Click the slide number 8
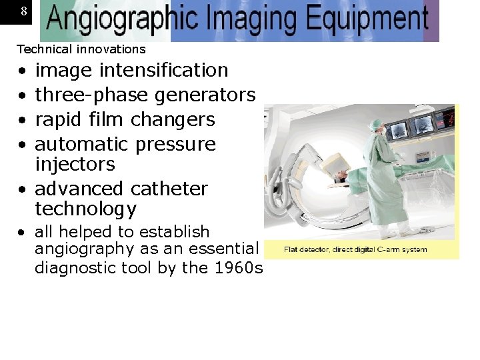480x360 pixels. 24,11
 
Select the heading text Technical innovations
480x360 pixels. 81,49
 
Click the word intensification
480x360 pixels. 165,70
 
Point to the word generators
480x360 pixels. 205,95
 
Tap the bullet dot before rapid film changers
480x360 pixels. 23,121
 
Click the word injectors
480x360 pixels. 75,164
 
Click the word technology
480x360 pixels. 85,209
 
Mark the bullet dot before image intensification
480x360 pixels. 23,71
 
